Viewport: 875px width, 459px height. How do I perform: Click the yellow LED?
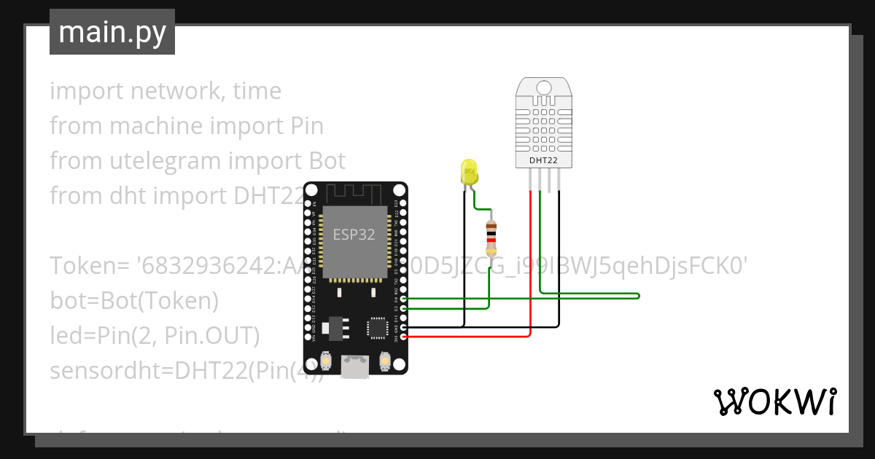470,173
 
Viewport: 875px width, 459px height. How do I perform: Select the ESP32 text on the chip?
354,235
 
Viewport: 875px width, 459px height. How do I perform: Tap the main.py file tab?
112,32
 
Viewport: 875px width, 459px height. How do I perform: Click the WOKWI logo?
774,401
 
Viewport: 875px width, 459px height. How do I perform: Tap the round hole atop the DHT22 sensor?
544,88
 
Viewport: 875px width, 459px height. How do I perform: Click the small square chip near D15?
377,327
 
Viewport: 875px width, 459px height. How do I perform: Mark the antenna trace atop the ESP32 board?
354,194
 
